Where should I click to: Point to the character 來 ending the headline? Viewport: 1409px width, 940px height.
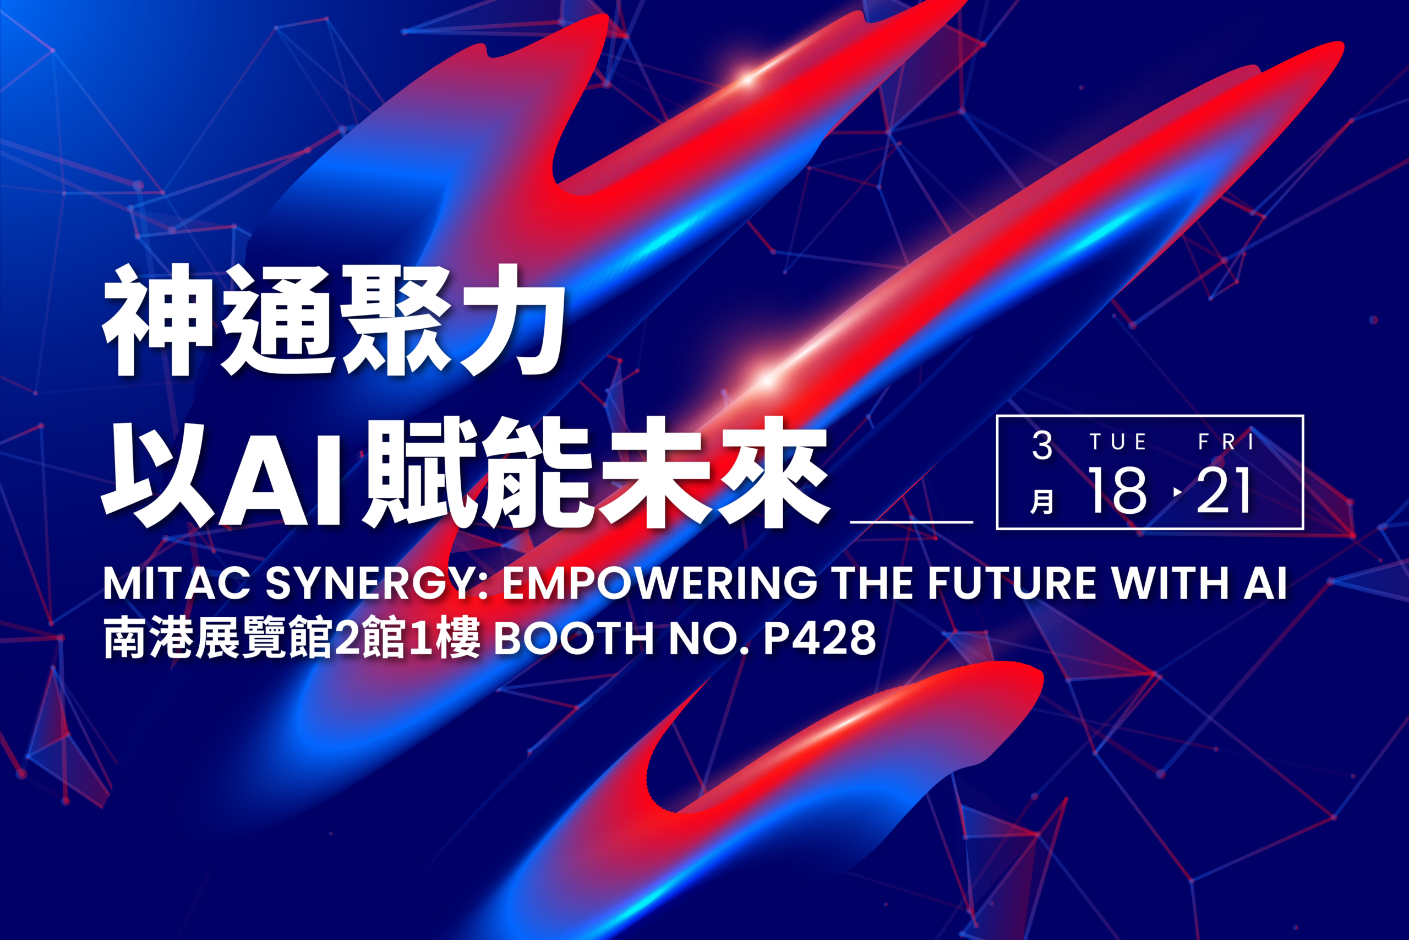773,474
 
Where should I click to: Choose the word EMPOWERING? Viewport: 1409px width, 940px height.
659,583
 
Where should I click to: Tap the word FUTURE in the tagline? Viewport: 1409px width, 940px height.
1011,583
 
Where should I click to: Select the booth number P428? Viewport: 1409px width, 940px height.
820,638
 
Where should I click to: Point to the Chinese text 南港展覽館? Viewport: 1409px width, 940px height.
218,638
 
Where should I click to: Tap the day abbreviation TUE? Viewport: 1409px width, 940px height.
1118,442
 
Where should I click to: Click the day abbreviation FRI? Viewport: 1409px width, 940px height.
1226,442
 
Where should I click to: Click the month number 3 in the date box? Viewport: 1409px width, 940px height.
1042,445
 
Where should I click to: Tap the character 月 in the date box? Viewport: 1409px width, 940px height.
1042,501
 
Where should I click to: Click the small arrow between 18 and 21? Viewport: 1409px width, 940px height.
1178,492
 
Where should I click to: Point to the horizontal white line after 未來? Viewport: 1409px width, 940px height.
911,522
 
